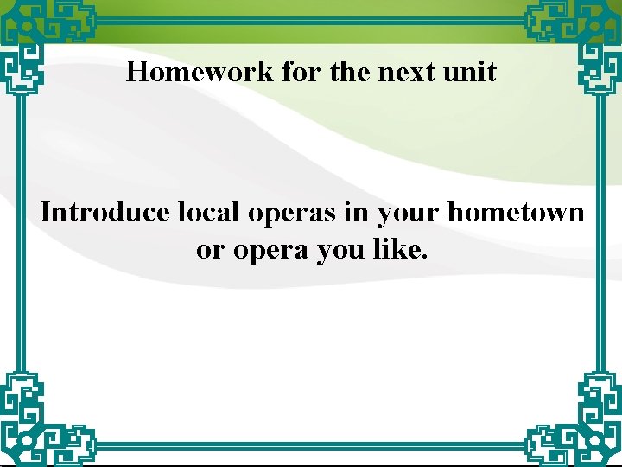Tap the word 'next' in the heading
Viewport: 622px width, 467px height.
(409, 71)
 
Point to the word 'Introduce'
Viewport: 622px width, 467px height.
(105, 212)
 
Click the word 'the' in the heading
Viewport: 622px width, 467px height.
(350, 71)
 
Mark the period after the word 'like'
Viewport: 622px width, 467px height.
(423, 258)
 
